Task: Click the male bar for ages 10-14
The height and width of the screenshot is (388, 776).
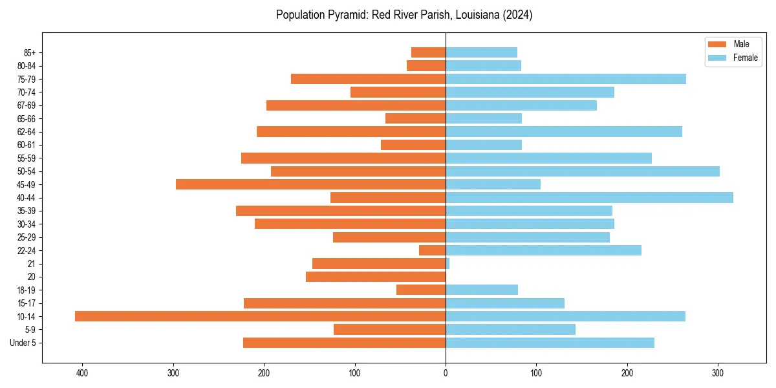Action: point(260,316)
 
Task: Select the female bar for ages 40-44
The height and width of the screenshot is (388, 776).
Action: point(589,197)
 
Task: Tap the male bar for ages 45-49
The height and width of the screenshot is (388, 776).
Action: point(310,184)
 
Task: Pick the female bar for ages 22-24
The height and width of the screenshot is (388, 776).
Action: point(543,250)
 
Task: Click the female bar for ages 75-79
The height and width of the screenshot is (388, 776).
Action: point(566,79)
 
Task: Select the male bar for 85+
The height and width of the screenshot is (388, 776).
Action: point(428,52)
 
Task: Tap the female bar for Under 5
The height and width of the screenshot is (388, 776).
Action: point(550,343)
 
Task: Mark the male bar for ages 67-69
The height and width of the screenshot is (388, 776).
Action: point(356,105)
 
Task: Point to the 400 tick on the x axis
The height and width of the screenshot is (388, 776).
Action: point(82,373)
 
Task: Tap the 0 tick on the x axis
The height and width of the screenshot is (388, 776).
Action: point(446,373)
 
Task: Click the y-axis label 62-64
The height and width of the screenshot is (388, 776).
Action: point(27,132)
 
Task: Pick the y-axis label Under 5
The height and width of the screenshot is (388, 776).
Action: point(23,343)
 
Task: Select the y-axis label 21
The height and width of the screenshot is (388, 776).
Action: point(32,264)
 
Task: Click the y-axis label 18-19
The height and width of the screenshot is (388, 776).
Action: point(27,290)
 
